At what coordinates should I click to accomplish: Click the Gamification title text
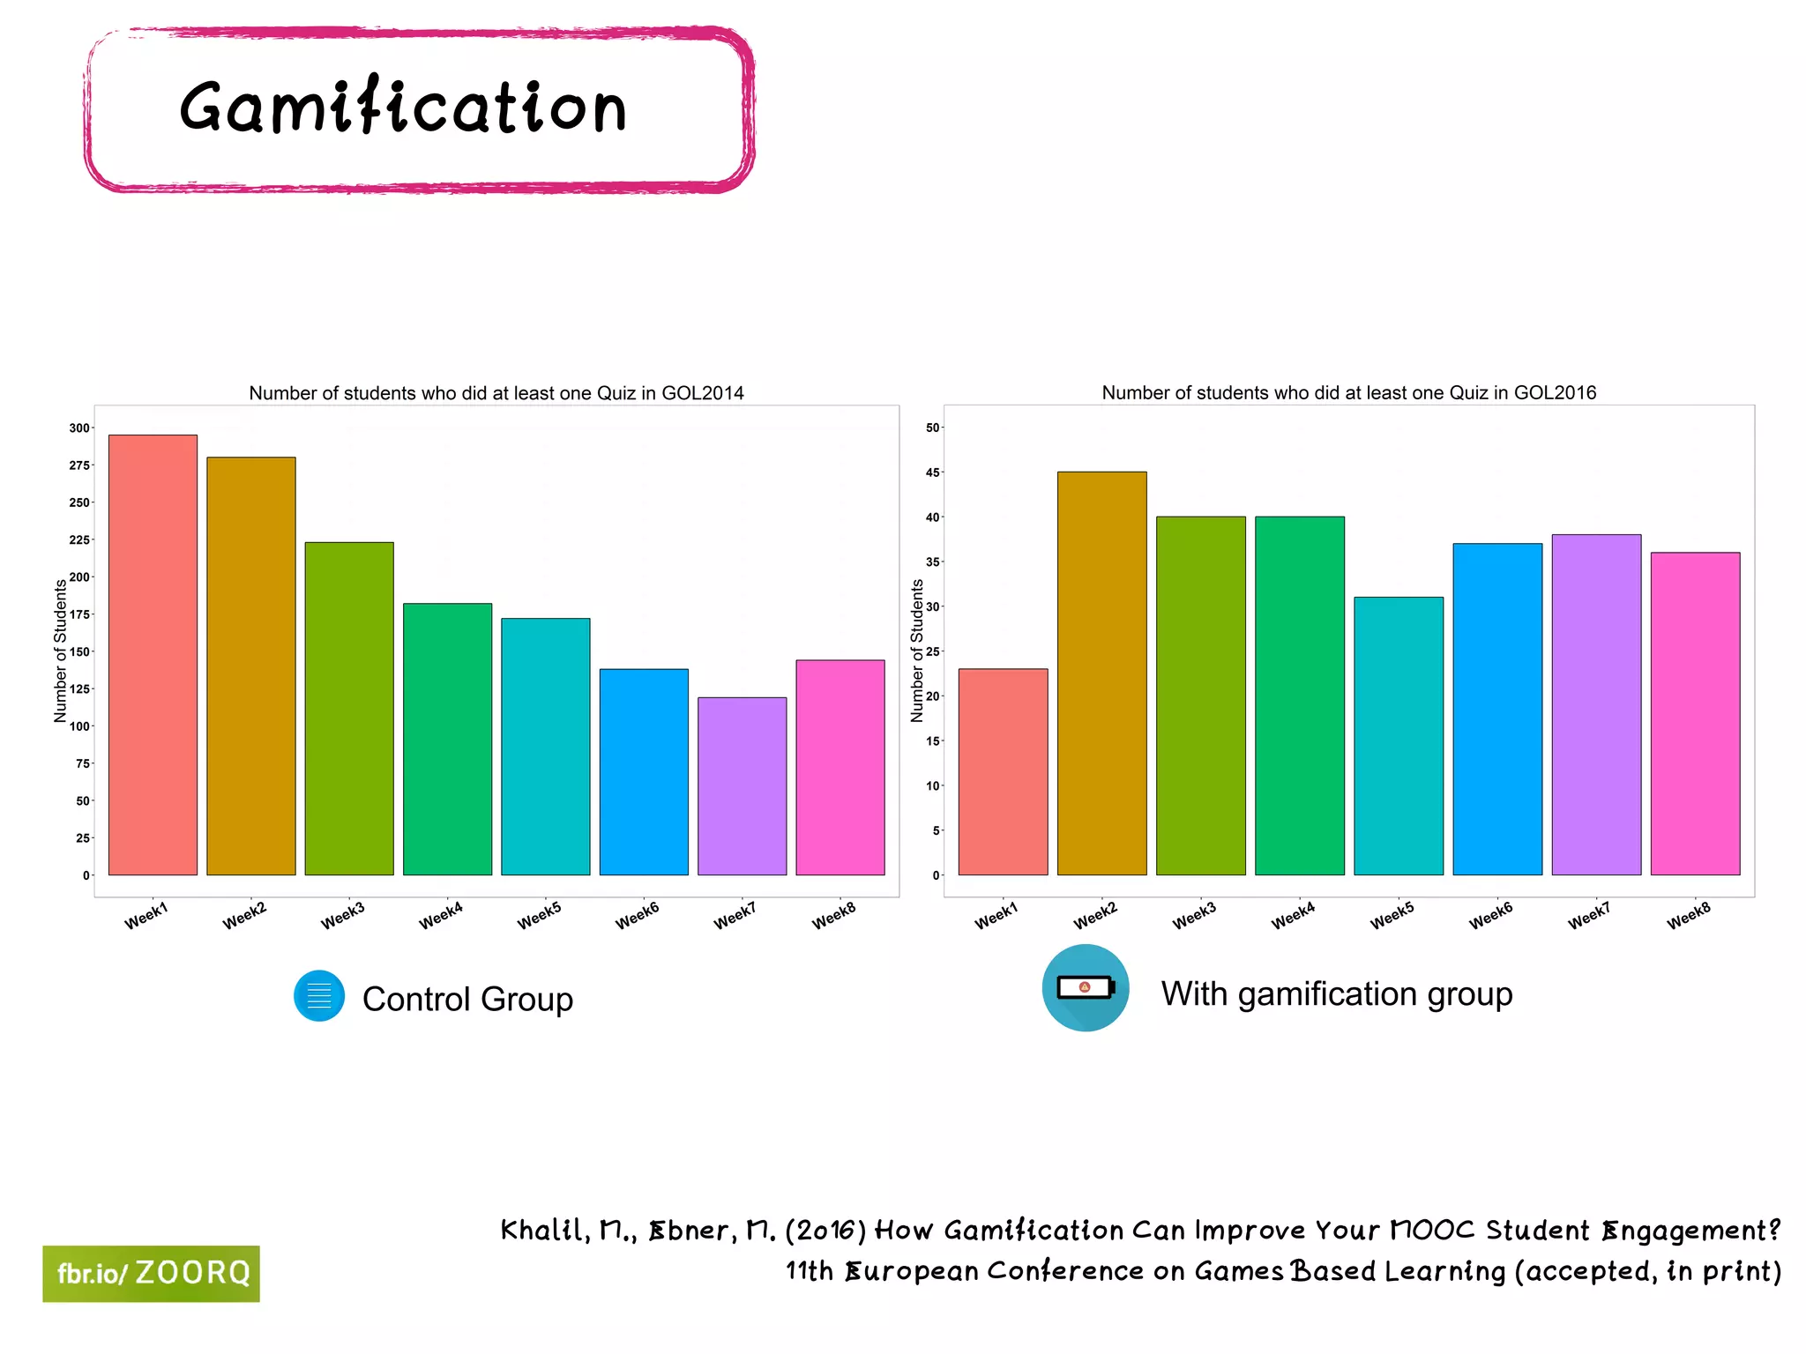click(x=403, y=107)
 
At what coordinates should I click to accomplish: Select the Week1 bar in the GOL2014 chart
click(x=153, y=655)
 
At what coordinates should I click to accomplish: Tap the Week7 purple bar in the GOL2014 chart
click(x=742, y=786)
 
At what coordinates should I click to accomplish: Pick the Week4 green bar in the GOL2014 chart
click(x=447, y=739)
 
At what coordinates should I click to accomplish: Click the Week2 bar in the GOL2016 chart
click(x=1101, y=673)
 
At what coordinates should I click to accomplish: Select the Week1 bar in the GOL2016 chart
click(x=1003, y=772)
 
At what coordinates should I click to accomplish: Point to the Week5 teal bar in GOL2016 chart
click(x=1399, y=736)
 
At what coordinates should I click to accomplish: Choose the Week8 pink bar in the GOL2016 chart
click(x=1695, y=714)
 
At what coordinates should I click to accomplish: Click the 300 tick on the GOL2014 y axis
click(x=79, y=428)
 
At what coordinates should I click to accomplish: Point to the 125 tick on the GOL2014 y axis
click(x=79, y=689)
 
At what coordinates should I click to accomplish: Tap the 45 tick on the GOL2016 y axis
click(x=932, y=473)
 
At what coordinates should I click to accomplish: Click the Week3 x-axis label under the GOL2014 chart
click(x=342, y=916)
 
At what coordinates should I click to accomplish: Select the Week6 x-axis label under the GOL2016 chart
click(x=1490, y=916)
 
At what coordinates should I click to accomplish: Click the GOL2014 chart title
click(x=496, y=393)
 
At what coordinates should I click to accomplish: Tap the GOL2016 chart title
click(x=1348, y=393)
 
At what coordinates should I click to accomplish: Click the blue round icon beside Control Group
click(x=319, y=996)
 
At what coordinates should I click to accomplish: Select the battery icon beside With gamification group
click(x=1086, y=987)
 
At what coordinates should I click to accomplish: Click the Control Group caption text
click(x=467, y=1000)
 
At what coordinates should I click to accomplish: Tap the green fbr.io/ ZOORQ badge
click(x=152, y=1274)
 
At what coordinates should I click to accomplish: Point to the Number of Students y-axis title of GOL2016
click(x=917, y=651)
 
